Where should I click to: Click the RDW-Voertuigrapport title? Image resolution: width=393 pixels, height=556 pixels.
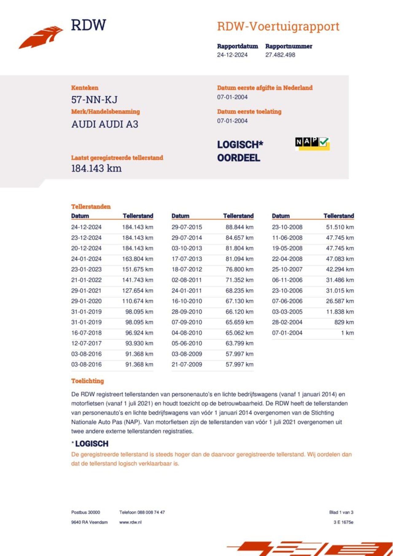click(x=278, y=26)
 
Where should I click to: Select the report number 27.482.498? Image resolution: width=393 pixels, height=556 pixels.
click(x=280, y=55)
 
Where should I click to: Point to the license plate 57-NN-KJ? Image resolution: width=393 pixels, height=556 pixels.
click(x=94, y=100)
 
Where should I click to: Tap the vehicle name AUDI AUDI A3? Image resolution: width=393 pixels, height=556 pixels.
click(x=105, y=124)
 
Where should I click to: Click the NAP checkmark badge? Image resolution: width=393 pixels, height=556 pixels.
click(x=312, y=143)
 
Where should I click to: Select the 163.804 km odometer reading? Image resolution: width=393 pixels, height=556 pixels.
click(x=138, y=259)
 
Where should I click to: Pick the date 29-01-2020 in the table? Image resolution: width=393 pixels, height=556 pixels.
click(x=86, y=301)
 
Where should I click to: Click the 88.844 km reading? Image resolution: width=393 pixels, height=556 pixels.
click(x=239, y=227)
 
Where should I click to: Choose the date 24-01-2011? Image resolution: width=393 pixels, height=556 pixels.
click(x=187, y=291)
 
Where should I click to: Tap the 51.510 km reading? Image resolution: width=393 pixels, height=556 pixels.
click(x=340, y=227)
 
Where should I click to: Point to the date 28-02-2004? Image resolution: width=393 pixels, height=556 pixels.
click(x=287, y=322)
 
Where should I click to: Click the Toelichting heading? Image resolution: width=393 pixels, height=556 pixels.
click(x=88, y=381)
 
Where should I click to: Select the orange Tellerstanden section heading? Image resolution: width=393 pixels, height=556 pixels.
click(x=91, y=207)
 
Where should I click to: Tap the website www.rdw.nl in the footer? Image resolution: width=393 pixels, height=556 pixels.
click(x=130, y=522)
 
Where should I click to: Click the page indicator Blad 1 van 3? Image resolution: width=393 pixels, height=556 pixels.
click(x=341, y=512)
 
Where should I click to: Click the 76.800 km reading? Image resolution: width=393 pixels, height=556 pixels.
click(x=239, y=269)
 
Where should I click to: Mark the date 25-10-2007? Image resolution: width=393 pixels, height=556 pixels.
click(x=287, y=269)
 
